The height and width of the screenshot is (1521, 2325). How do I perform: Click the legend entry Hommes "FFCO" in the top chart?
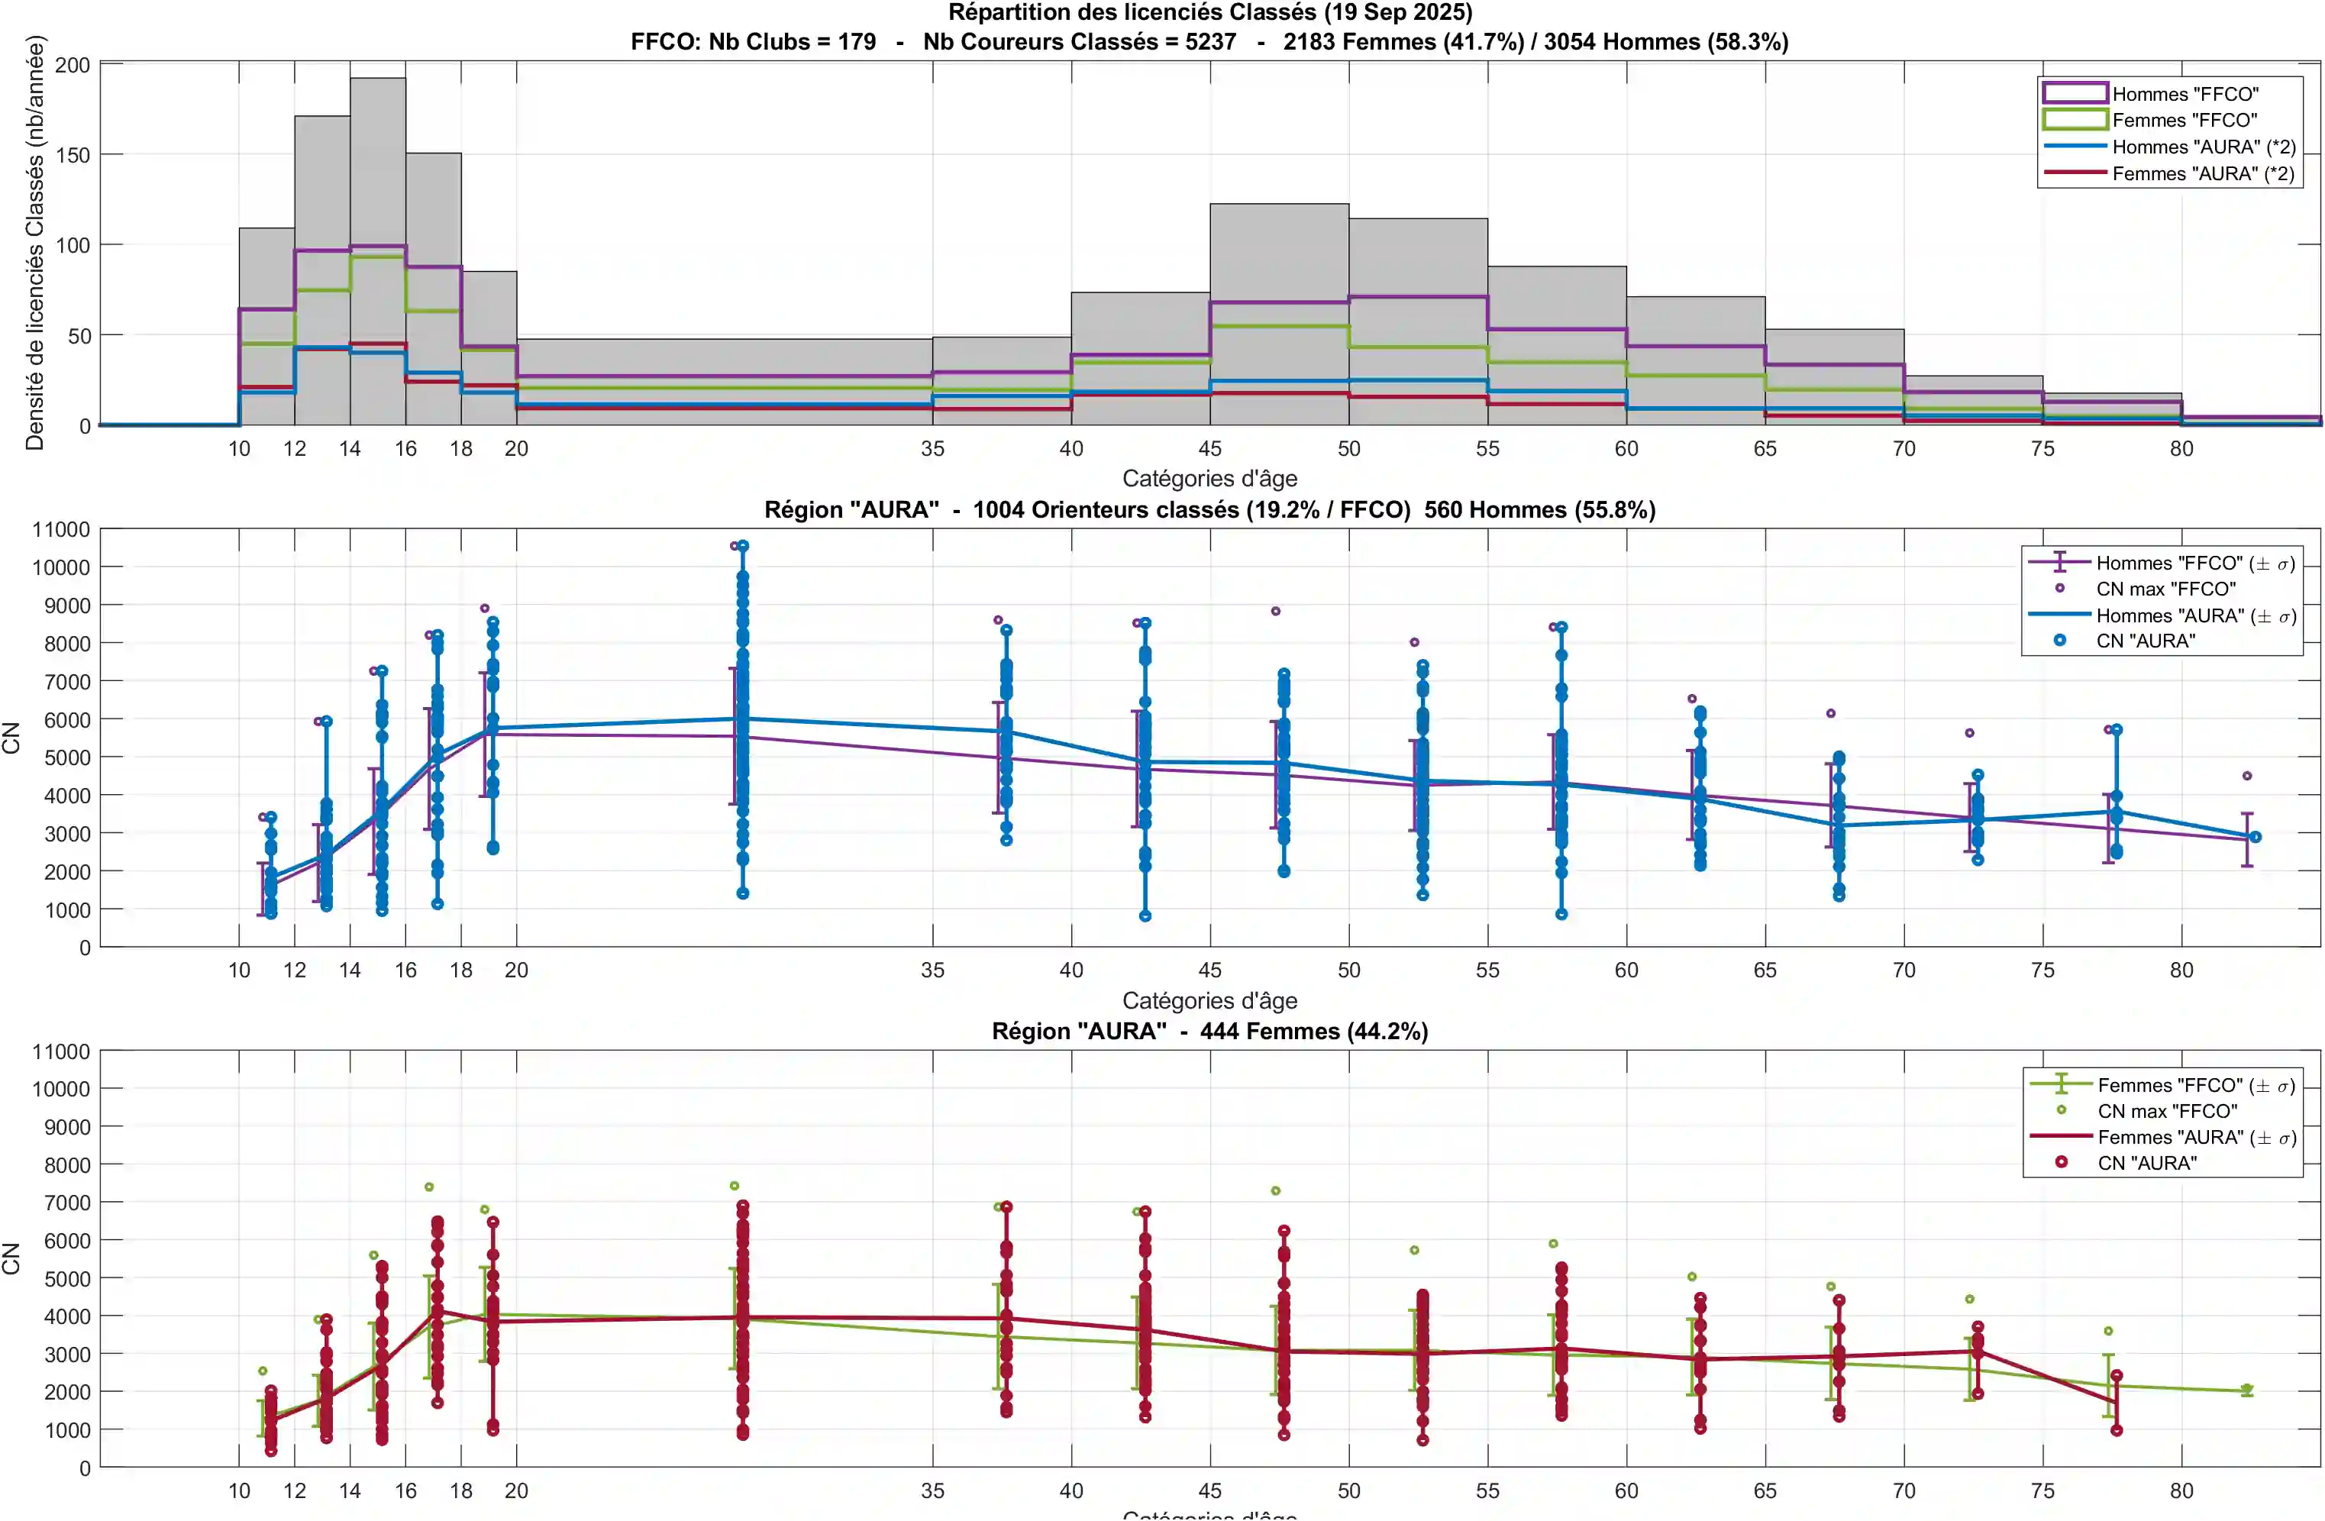click(2185, 94)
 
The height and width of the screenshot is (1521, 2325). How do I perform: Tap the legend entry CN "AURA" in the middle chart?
click(2146, 641)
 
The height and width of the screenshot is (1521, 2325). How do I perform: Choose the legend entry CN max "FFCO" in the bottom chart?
click(2167, 1111)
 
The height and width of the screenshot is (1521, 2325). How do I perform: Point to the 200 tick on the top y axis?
click(73, 66)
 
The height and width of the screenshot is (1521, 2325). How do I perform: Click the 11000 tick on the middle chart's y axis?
click(60, 529)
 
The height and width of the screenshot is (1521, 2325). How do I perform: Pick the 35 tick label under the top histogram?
click(932, 448)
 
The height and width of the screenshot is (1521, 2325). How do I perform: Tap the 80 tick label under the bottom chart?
click(2181, 1490)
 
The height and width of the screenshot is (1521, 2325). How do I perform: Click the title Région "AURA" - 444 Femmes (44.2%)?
click(1209, 1032)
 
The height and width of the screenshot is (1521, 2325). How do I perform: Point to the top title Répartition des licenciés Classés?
click(1209, 13)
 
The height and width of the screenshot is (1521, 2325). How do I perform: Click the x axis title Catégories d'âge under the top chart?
click(1209, 479)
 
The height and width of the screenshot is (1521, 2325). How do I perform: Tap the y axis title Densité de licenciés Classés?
click(35, 242)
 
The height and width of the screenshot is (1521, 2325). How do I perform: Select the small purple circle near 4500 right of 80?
click(2247, 776)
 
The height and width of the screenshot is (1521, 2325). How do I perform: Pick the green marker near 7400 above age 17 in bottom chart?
click(429, 1187)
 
